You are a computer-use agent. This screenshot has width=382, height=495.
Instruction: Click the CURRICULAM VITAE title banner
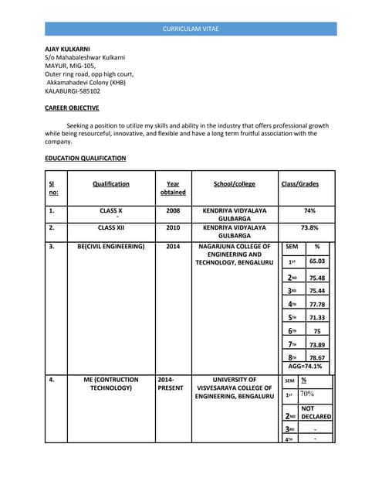coord(191,29)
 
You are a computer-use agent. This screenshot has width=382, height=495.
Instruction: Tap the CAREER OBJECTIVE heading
coord(72,108)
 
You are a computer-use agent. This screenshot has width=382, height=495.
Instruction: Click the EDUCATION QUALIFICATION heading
coord(85,159)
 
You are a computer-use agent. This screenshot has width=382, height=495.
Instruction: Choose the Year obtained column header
coord(173,188)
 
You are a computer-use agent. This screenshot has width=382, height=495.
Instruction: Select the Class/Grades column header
coord(299,184)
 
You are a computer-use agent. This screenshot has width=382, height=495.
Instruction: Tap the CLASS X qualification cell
coord(111,210)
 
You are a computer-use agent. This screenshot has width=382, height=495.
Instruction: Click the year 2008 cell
coord(173,210)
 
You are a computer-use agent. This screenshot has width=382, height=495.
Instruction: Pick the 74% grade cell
coord(309,210)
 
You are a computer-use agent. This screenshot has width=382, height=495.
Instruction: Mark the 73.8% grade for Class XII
coord(309,228)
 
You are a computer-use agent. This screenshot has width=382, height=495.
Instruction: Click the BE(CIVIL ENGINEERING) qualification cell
coord(111,247)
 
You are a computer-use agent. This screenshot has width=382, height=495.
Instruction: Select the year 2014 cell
coord(173,247)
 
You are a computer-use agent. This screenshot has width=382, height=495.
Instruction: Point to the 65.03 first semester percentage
coord(317,262)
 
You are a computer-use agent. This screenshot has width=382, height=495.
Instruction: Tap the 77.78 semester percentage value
coord(317,305)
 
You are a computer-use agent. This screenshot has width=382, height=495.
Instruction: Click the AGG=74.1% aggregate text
coord(306,367)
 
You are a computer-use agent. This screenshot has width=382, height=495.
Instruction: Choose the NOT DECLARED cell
coord(316,412)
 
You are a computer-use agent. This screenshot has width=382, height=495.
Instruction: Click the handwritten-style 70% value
coord(307,394)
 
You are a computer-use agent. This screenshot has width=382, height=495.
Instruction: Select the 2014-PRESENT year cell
coord(170,384)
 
